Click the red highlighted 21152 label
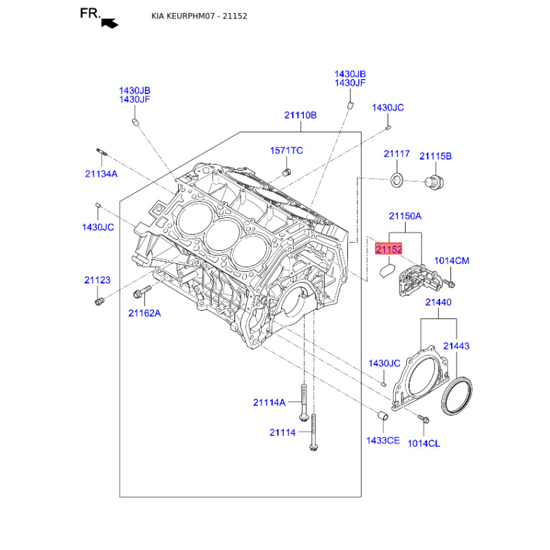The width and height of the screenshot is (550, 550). coord(388,249)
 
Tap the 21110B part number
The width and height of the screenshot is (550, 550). coord(300,115)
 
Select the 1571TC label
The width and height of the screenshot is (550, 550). coord(286,151)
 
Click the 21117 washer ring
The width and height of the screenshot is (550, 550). coord(397,180)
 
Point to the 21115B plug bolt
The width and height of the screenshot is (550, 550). coord(434,182)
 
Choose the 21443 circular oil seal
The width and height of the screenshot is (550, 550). coord(456,396)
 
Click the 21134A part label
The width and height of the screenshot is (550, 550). coord(101,174)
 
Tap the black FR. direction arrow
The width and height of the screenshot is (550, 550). coord(109,23)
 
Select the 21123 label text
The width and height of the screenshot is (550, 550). coord(97,280)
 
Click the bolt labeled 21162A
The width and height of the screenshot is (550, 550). coord(142,291)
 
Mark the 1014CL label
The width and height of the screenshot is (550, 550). coord(423,443)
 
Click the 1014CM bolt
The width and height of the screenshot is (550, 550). coord(449,283)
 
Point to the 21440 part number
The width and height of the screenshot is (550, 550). coord(438,302)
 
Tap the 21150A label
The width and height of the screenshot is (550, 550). coord(405,216)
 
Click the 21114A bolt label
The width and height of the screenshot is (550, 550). coord(269,403)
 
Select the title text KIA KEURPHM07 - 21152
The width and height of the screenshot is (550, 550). coord(199,16)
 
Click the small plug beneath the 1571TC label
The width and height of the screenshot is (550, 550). coord(287,173)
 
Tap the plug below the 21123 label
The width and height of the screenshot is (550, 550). coord(99,301)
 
